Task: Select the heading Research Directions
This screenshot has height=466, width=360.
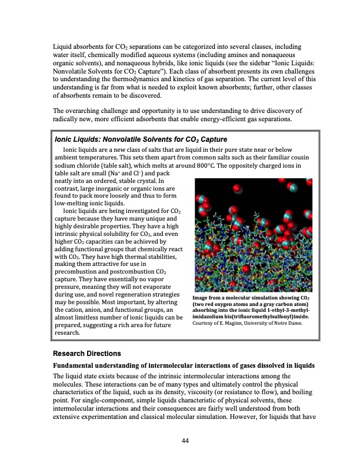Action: pos(87,354)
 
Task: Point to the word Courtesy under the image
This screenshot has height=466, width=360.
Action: pos(205,322)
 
